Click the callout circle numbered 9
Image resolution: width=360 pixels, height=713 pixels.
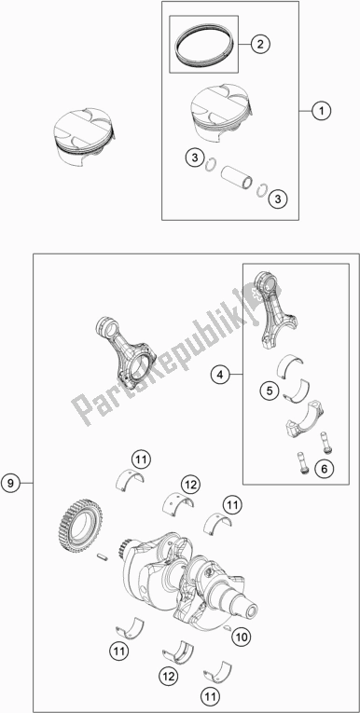11,483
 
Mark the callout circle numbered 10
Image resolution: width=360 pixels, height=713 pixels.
242,637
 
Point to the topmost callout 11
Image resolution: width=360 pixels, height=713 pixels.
141,459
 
